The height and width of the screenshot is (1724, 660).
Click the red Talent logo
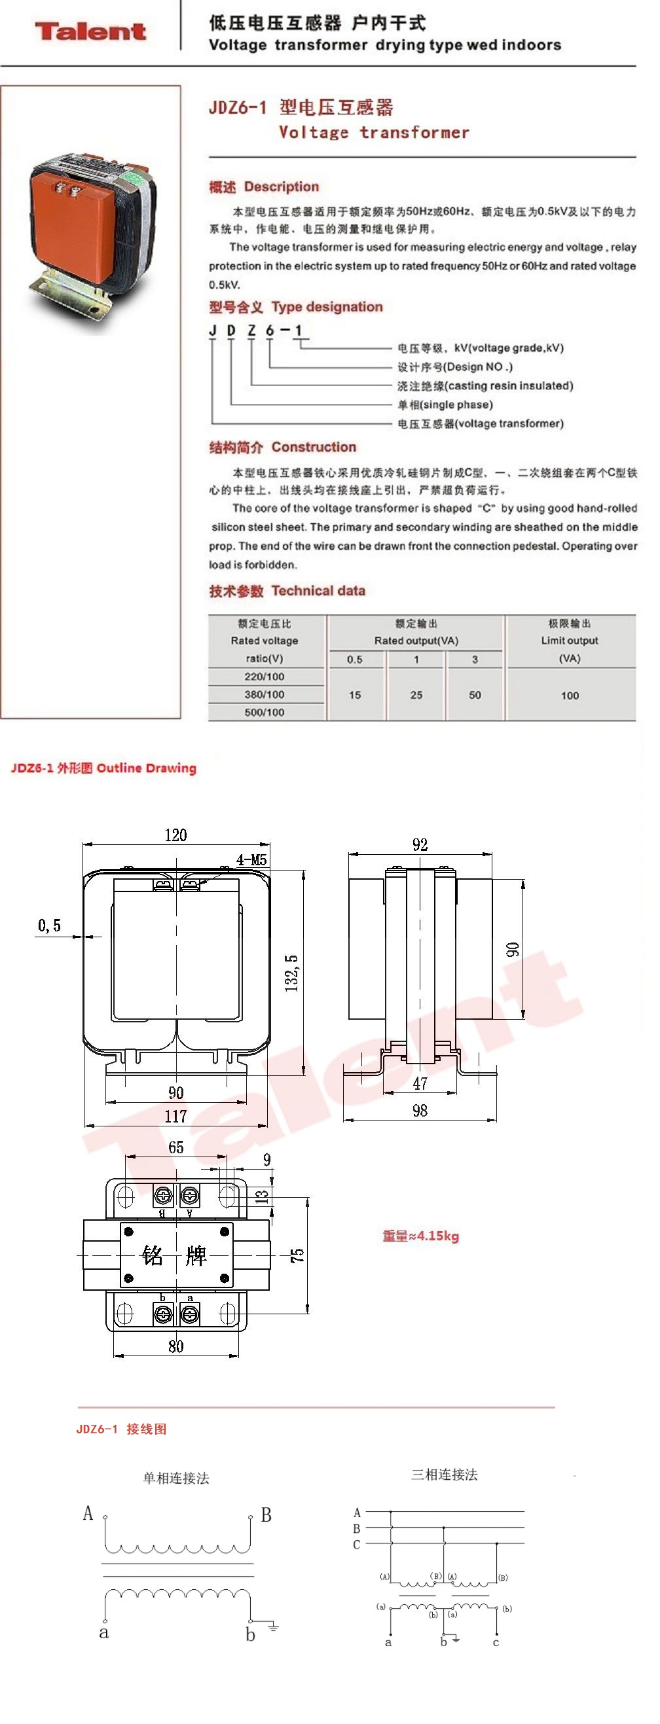(90, 31)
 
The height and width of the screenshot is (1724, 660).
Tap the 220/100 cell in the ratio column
(265, 677)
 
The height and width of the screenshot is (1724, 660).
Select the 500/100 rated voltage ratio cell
(265, 712)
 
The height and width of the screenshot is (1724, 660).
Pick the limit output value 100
(570, 695)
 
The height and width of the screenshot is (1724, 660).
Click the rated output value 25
(416, 694)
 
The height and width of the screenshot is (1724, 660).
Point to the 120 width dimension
(176, 835)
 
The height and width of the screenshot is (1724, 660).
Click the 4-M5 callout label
(251, 860)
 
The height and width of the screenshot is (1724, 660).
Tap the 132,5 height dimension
(292, 973)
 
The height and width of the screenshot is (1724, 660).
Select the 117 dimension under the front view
(176, 1116)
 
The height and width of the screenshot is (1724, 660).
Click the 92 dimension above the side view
(420, 844)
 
